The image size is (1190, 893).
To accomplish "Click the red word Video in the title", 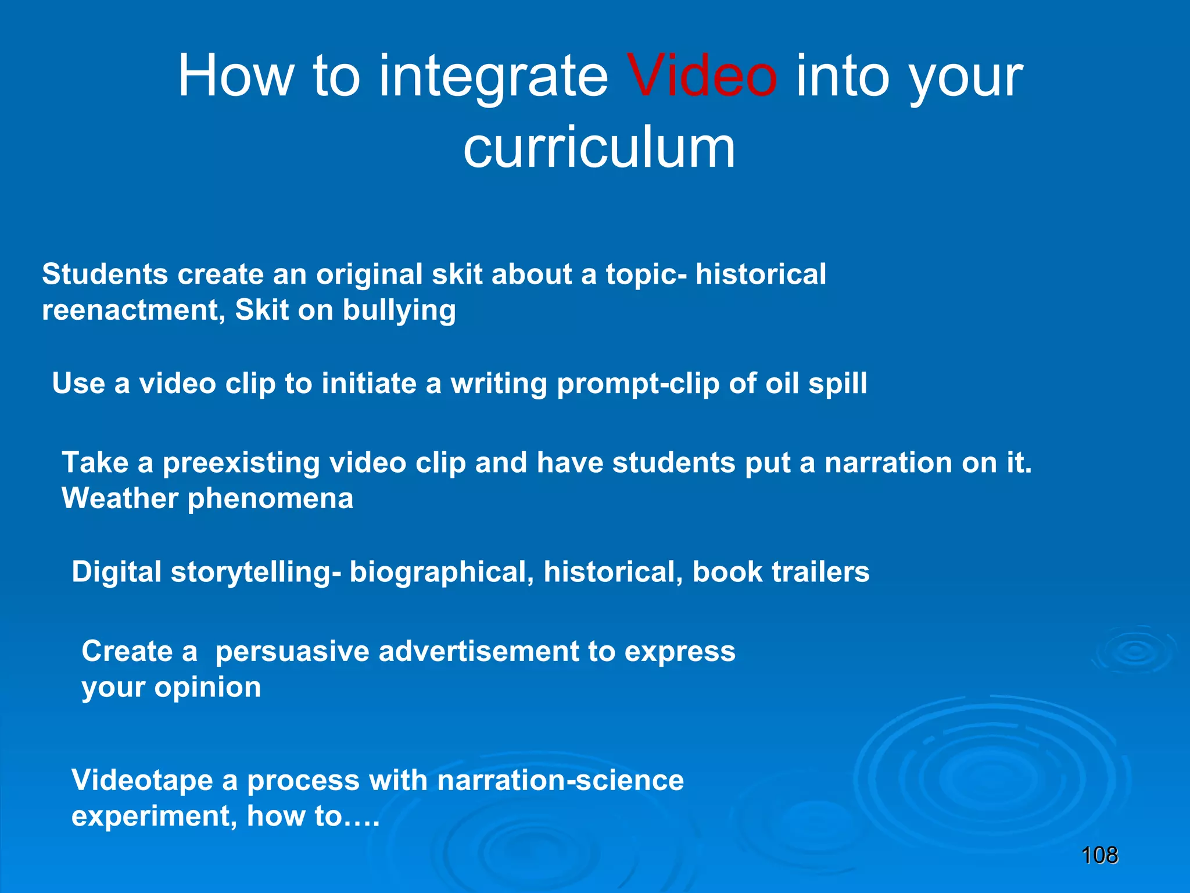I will pos(702,76).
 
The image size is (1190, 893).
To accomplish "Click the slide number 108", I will pos(1099,855).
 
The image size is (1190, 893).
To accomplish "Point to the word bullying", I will pos(399,310).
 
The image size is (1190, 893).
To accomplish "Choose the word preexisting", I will pos(241,463).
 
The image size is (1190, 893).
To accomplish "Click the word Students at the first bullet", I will pos(105,274).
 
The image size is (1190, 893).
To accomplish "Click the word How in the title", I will pos(235,76).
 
